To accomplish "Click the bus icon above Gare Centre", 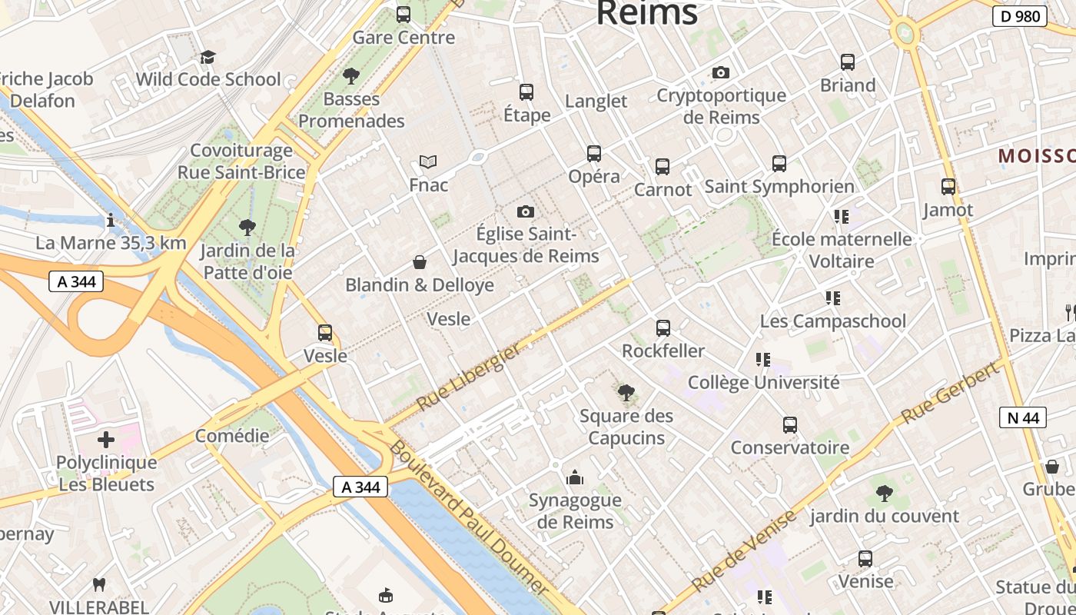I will tap(403, 14).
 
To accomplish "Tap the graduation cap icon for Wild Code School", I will tap(208, 57).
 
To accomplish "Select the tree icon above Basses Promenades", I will tap(351, 75).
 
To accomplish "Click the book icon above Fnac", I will tap(428, 161).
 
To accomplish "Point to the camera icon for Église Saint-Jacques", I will tap(526, 211).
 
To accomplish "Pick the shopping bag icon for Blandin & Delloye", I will tap(420, 262).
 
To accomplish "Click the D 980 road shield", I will tap(1020, 16).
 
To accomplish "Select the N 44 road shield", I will tap(1023, 417).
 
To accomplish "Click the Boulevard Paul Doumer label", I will tap(469, 518).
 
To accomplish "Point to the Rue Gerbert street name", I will tap(951, 392).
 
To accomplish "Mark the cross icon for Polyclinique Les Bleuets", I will tap(106, 440).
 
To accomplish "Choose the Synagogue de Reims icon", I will tap(575, 478).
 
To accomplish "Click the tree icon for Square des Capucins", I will tap(626, 393).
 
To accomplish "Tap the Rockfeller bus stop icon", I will tap(663, 328).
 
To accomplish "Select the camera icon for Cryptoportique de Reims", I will tap(721, 72).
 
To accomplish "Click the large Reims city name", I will tap(646, 13).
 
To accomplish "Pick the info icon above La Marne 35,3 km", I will tap(111, 221).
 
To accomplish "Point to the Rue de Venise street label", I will tap(743, 551).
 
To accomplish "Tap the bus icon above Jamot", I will tap(948, 186).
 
